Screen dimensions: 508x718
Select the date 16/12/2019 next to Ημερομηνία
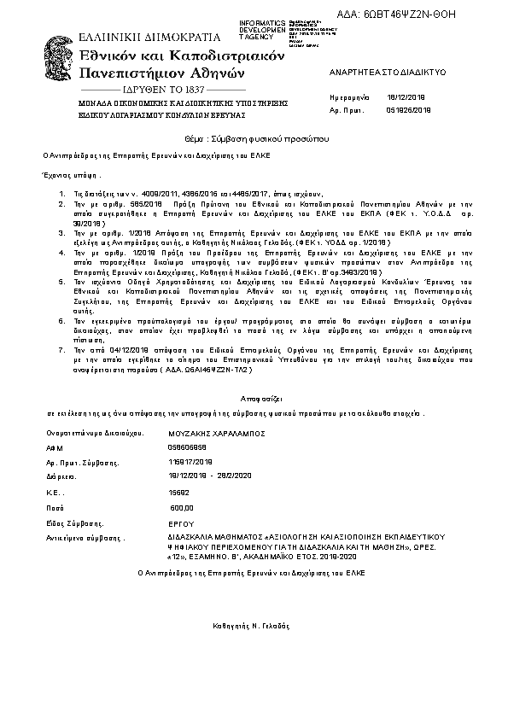tap(402, 98)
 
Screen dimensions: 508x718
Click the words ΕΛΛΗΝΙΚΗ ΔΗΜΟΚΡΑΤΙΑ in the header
tap(149, 38)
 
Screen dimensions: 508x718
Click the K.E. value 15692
tap(179, 493)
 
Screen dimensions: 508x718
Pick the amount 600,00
tap(182, 507)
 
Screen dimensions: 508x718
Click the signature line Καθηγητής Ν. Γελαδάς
tap(254, 625)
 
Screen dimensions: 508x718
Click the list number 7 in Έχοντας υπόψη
tap(61, 350)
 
